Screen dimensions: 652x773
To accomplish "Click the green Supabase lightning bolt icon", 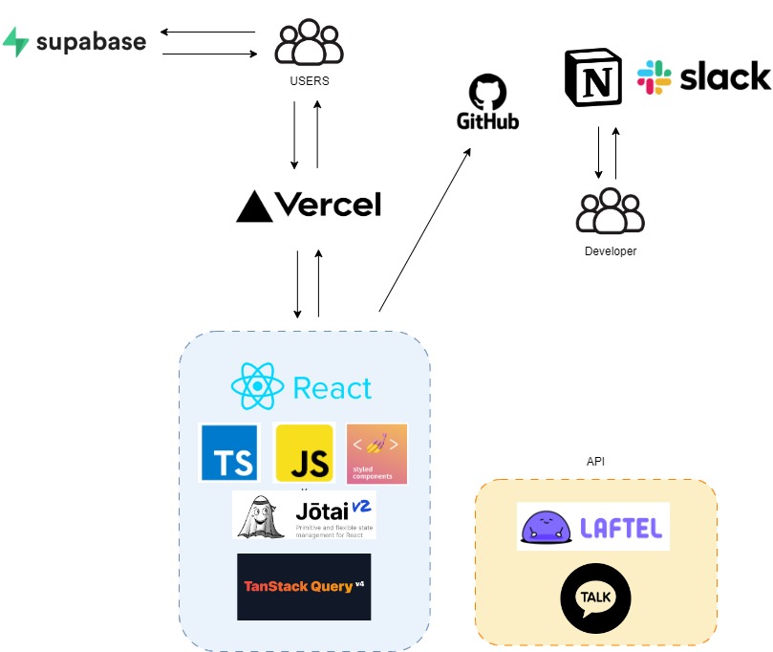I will pos(16,42).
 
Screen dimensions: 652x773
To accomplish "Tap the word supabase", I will pos(91,42).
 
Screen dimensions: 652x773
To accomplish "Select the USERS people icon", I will pos(309,44).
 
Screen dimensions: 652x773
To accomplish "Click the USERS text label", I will pos(309,81).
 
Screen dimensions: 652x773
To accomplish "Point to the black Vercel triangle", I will pos(255,206).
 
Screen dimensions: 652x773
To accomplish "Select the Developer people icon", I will pos(610,210).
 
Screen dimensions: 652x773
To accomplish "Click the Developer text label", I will pos(610,251).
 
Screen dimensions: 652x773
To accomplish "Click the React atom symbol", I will pos(258,387).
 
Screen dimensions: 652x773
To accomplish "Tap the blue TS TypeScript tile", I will pos(229,452).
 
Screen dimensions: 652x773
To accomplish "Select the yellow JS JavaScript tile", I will pos(304,452).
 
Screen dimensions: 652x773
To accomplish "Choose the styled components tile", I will pos(376,453).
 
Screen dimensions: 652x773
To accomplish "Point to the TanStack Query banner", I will pos(303,586).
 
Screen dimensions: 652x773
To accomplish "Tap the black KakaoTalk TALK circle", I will pos(594,598).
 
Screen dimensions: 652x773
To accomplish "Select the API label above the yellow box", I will pos(595,462).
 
